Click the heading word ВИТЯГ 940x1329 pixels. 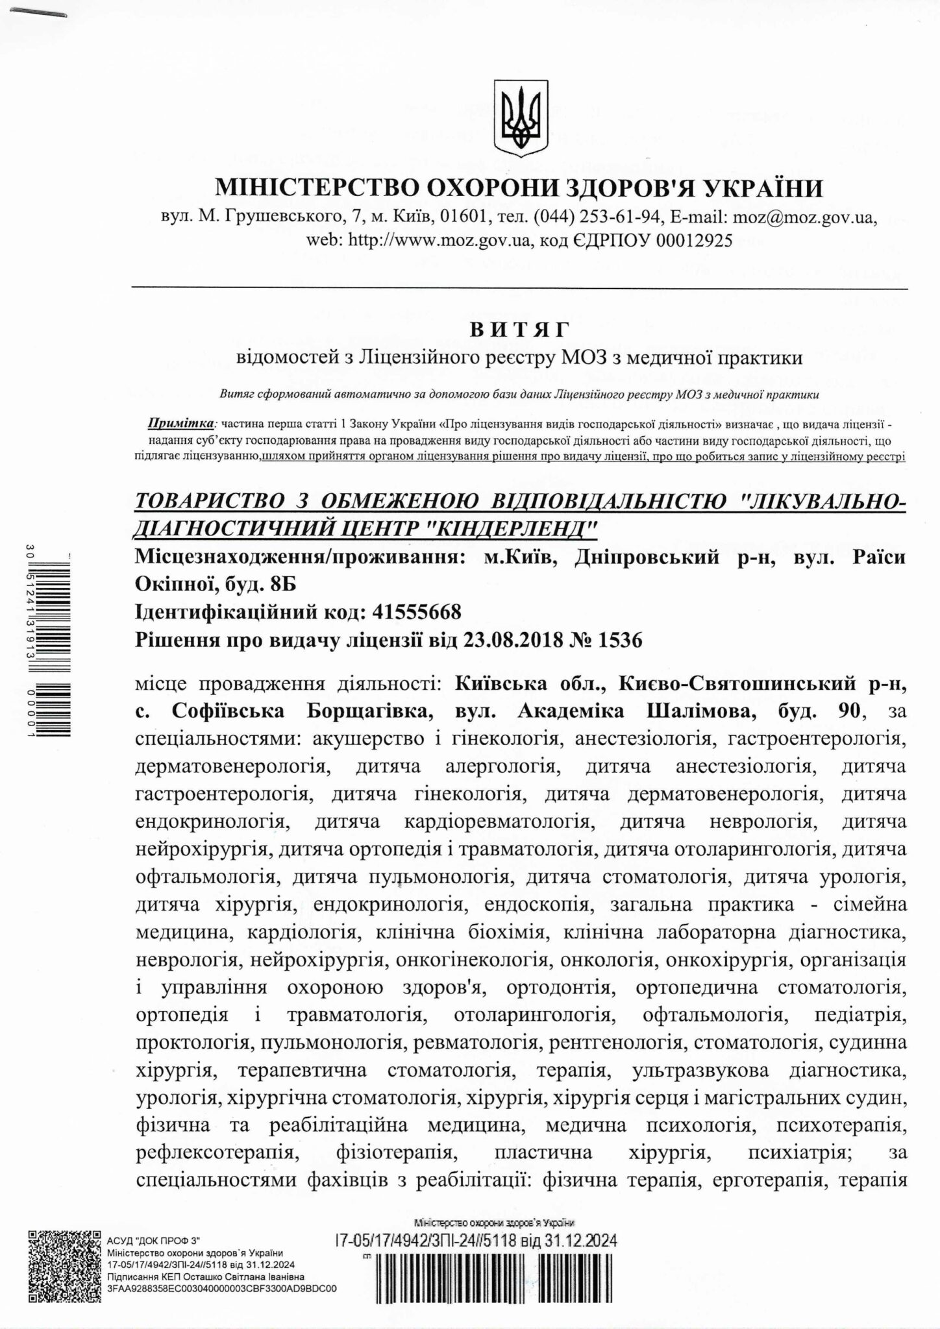(x=519, y=330)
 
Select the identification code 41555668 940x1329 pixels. (x=408, y=611)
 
